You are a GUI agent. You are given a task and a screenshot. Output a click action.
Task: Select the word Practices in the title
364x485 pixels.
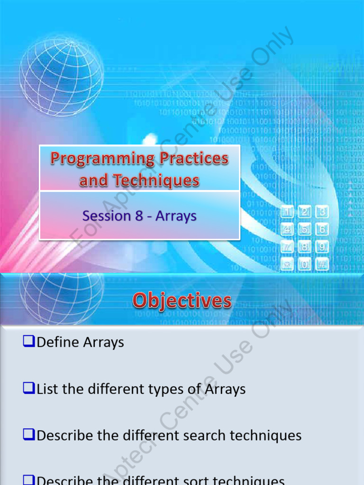point(194,158)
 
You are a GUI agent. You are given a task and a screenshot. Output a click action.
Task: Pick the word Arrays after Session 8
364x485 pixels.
point(176,216)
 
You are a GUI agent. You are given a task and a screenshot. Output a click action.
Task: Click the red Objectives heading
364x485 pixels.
point(182,300)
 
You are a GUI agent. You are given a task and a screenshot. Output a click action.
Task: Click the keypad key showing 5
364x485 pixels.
point(305,229)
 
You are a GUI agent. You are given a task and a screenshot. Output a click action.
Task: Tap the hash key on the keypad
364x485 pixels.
point(322,264)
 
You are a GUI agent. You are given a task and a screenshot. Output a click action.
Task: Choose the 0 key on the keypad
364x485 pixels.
point(305,264)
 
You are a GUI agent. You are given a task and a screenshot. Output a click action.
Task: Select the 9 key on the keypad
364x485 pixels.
point(322,247)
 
